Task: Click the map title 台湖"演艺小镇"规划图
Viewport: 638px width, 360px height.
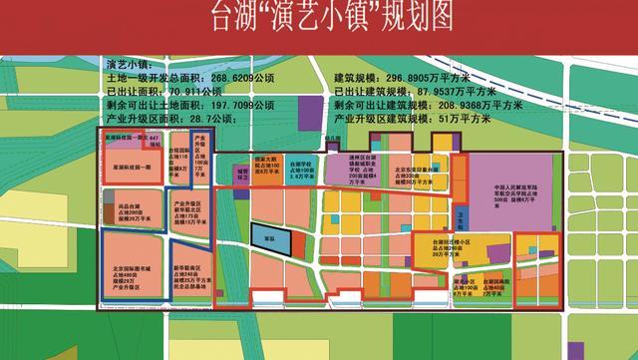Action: coord(317,17)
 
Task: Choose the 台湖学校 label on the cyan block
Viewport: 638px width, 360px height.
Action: coord(304,170)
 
